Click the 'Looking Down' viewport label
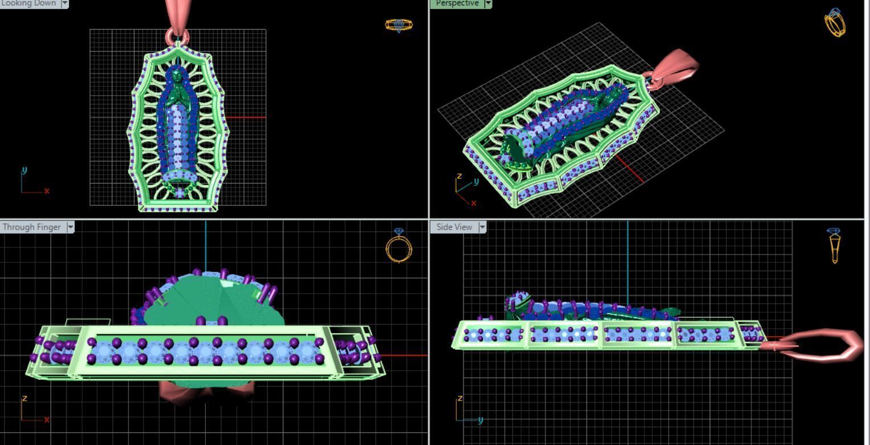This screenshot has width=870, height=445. [x=29, y=3]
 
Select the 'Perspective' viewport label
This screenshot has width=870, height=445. [x=457, y=3]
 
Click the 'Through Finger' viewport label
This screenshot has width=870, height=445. [x=31, y=227]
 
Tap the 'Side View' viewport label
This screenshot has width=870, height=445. [x=454, y=227]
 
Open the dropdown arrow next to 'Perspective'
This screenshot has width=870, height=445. [x=488, y=3]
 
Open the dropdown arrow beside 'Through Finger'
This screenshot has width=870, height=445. [x=70, y=227]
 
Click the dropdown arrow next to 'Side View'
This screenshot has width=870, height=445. [x=482, y=227]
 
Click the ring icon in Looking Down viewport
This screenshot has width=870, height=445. [x=399, y=25]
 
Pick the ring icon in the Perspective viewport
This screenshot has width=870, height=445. [x=835, y=23]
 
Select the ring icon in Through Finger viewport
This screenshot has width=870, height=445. [x=399, y=246]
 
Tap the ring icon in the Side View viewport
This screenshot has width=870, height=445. [x=834, y=246]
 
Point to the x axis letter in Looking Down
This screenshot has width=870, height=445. [x=47, y=191]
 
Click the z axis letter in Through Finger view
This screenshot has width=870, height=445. [x=24, y=398]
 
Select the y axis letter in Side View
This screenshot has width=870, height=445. [x=481, y=420]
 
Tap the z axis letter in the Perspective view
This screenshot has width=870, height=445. [x=459, y=176]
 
